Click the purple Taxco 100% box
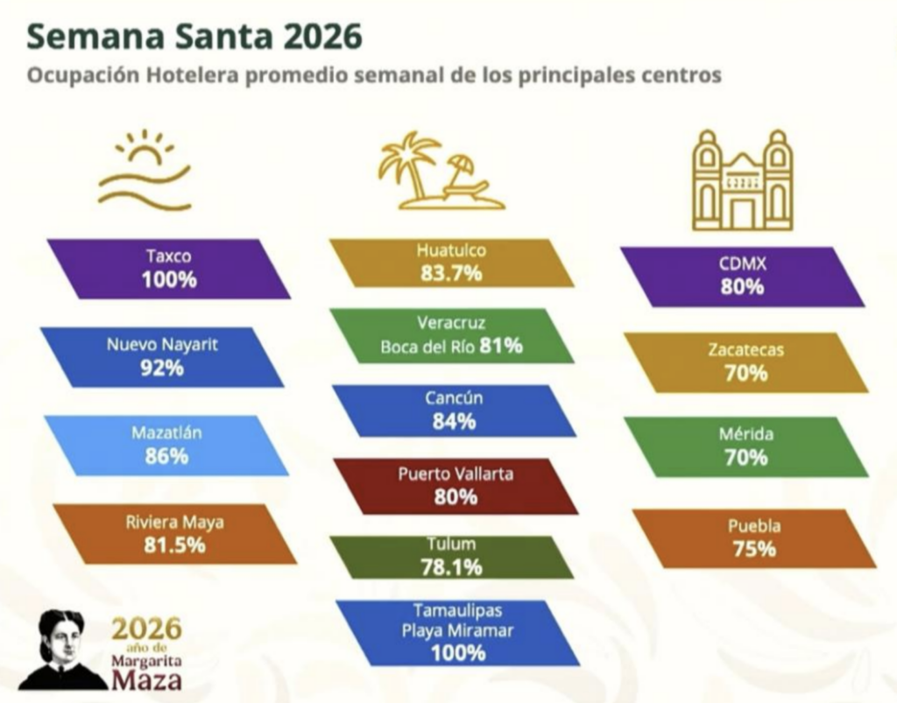coord(169,269)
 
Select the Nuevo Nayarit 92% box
coord(162,356)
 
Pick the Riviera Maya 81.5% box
coord(173,533)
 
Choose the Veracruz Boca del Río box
coord(451,335)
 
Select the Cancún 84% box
coord(453,411)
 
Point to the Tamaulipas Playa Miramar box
coord(456,632)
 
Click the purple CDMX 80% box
coord(742,276)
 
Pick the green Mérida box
coord(745,446)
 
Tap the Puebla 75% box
coord(753,538)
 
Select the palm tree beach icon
coord(438,172)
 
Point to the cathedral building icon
coord(742,180)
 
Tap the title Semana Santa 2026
coord(194,37)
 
